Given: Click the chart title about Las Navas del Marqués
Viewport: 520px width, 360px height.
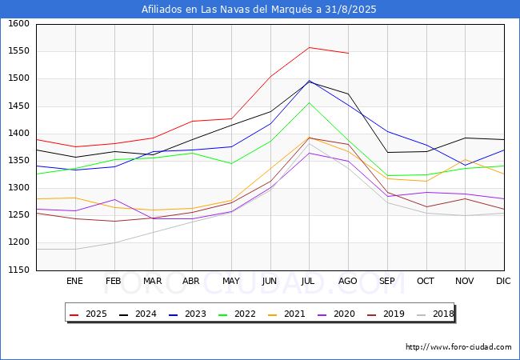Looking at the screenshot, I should point(259,10).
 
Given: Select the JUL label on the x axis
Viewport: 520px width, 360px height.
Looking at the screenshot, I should point(309,282).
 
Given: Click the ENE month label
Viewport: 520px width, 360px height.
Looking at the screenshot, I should point(74,282).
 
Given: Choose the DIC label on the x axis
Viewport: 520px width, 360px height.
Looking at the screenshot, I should point(503,282).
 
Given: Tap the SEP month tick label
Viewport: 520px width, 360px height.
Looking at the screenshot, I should point(386,282).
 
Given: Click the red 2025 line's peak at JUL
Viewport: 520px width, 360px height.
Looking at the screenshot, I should point(309,47).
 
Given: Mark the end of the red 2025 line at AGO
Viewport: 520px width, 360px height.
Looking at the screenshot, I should point(348,54).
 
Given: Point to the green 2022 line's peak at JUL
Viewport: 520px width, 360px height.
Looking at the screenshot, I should point(309,102).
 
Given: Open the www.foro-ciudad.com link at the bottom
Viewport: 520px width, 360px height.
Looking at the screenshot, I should point(458,347).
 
